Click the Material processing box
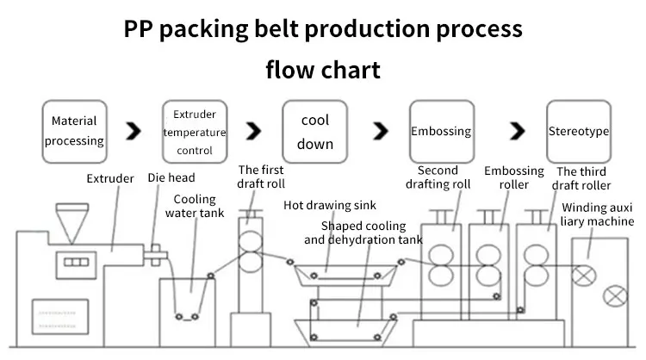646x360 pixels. (x=74, y=131)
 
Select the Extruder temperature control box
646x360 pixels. (x=194, y=132)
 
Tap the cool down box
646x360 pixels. (x=314, y=132)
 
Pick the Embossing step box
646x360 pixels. (x=441, y=132)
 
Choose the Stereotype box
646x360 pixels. (x=579, y=132)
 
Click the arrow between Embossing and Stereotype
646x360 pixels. (x=517, y=132)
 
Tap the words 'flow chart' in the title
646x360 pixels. (x=322, y=69)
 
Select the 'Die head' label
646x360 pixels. (x=171, y=178)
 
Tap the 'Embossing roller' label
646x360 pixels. (x=513, y=177)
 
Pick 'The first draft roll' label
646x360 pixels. (x=261, y=177)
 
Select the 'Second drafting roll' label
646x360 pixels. (x=444, y=177)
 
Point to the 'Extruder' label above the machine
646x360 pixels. (x=110, y=179)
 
